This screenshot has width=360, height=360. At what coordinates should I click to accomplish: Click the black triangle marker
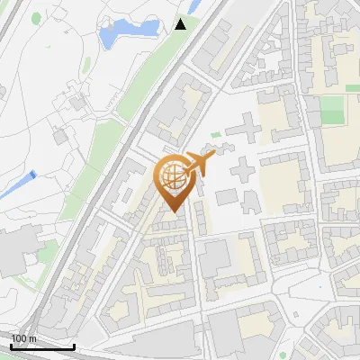tap(181, 23)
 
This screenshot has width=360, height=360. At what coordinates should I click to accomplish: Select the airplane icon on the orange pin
tap(198, 165)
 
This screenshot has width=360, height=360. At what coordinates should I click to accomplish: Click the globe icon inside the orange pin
tap(171, 176)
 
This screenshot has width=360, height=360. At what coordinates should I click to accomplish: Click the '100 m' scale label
tap(23, 338)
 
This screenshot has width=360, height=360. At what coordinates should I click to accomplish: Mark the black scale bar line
tap(42, 346)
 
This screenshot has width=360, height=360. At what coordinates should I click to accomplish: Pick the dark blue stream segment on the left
tap(31, 175)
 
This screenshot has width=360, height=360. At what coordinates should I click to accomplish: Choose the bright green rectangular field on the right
tap(332, 111)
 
